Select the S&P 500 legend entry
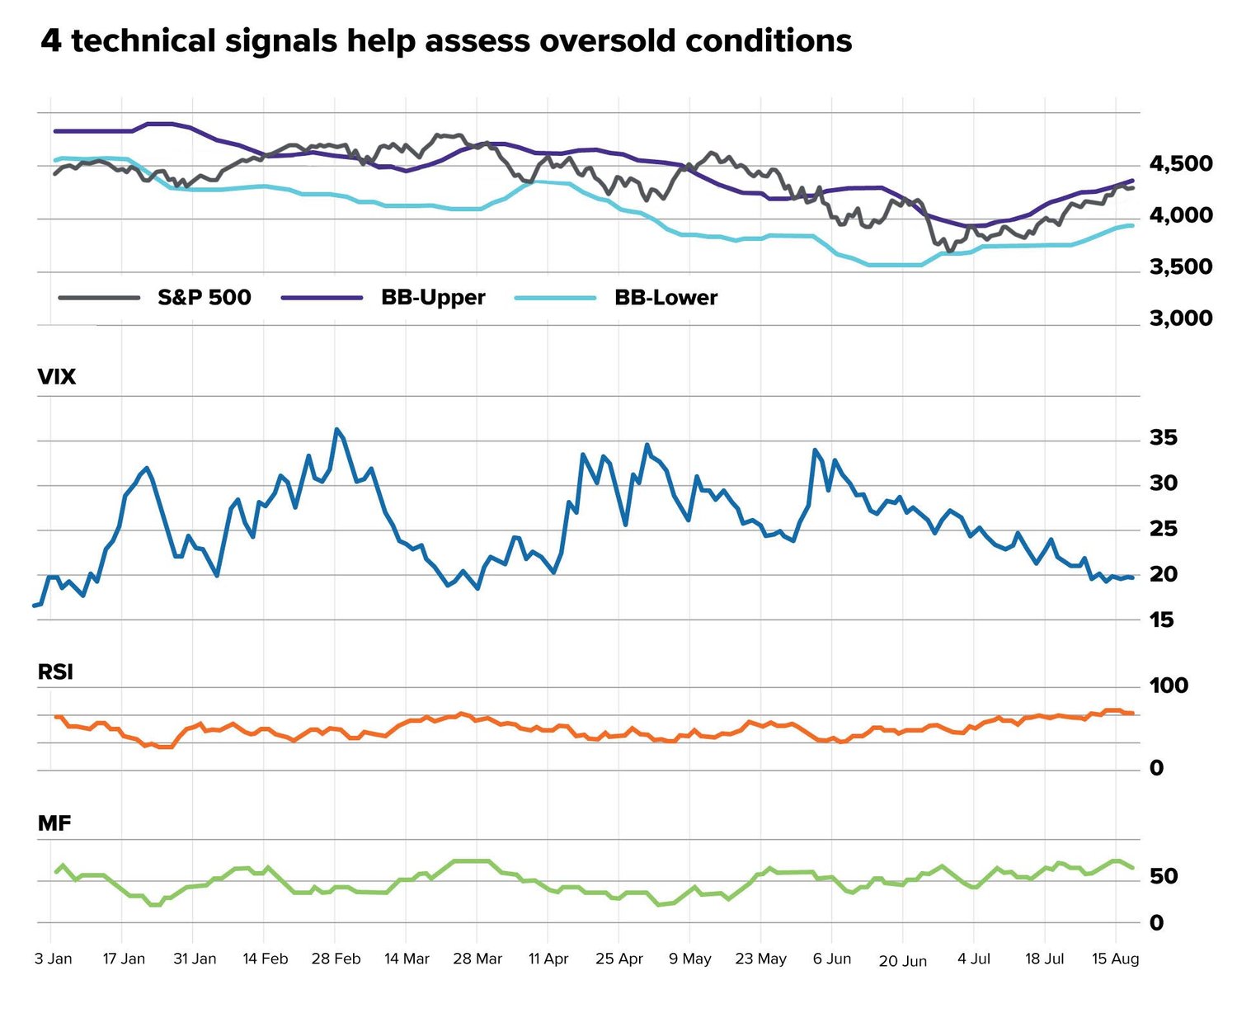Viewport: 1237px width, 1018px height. pyautogui.click(x=204, y=297)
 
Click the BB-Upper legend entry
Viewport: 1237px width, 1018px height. pyautogui.click(x=433, y=297)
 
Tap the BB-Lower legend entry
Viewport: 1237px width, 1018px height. pyautogui.click(x=666, y=297)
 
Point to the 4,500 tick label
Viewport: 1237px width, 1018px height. pyautogui.click(x=1180, y=164)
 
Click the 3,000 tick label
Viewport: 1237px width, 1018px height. pyautogui.click(x=1180, y=318)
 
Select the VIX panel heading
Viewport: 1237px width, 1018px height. pyautogui.click(x=57, y=377)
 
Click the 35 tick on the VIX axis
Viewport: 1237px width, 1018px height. pyautogui.click(x=1163, y=438)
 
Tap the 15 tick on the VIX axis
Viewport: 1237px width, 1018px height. pyautogui.click(x=1161, y=620)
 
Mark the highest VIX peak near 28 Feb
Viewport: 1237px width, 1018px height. pyautogui.click(x=336, y=430)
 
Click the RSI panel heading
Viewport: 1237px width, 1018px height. pyautogui.click(x=55, y=672)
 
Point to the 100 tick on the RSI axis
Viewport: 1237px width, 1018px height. pyautogui.click(x=1168, y=686)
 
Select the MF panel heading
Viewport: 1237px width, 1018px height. pyautogui.click(x=54, y=823)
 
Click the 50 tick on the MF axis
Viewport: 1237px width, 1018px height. pyautogui.click(x=1163, y=877)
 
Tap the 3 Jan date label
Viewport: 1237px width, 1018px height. pyautogui.click(x=54, y=959)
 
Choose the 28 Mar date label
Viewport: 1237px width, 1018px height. pyautogui.click(x=477, y=959)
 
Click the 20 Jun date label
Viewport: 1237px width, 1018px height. pyautogui.click(x=902, y=961)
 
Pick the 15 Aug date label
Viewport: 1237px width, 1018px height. pyautogui.click(x=1115, y=959)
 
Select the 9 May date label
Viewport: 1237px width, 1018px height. pyautogui.click(x=689, y=959)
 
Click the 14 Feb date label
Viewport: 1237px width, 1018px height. pyautogui.click(x=266, y=959)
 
